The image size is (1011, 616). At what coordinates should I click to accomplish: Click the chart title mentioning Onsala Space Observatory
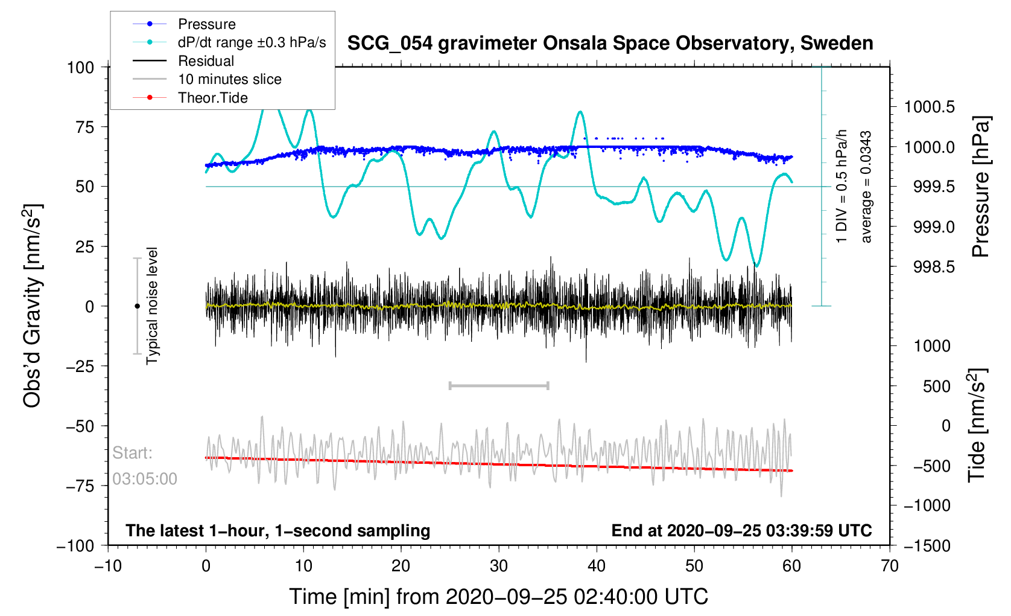click(610, 43)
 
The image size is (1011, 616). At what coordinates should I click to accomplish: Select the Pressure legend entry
click(206, 24)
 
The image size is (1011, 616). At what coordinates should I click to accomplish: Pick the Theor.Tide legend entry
click(212, 98)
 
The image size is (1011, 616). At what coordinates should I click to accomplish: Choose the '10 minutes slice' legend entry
click(229, 79)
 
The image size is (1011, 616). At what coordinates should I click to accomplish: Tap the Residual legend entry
click(206, 61)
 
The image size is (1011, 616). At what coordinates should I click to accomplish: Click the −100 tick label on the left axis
click(75, 546)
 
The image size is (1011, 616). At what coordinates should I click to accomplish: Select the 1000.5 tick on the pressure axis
click(929, 107)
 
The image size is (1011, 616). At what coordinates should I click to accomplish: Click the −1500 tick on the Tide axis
click(927, 546)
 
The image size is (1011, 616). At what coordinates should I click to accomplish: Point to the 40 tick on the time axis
click(597, 566)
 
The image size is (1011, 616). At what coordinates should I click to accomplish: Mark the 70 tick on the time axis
click(889, 566)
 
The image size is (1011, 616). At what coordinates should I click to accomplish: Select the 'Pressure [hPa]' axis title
click(981, 187)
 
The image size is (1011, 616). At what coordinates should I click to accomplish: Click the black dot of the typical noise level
click(137, 306)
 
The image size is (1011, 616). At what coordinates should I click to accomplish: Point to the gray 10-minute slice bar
click(499, 385)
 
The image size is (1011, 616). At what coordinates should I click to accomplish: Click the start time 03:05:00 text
click(145, 479)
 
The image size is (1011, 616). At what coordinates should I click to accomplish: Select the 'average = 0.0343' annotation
click(866, 187)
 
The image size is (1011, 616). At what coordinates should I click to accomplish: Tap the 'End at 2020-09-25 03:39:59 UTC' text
click(741, 531)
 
